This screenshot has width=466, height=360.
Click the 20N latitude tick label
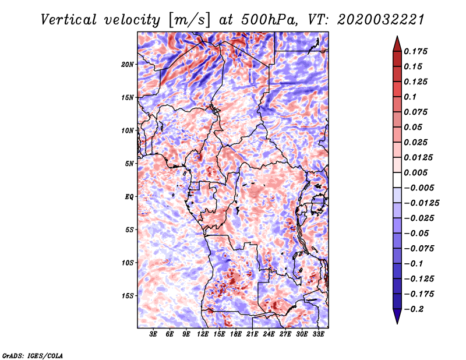(128, 65)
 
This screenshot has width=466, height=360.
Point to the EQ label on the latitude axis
(129, 197)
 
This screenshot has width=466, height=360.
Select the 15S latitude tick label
(128, 296)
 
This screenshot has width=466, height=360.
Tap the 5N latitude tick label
(129, 164)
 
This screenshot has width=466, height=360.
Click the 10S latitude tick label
(128, 263)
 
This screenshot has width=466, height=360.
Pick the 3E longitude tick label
(153, 334)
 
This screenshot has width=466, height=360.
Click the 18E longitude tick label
(236, 334)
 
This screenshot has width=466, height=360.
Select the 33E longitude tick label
(318, 334)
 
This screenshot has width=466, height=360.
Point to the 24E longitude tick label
(269, 334)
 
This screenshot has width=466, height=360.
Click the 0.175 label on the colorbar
(415, 51)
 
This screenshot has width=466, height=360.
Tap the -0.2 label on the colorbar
(414, 309)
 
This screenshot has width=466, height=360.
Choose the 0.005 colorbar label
(415, 172)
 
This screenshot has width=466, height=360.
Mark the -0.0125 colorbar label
(421, 203)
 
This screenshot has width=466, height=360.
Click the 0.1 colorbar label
(410, 97)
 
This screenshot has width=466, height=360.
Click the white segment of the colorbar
(397, 180)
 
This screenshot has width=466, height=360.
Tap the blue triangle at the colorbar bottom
(397, 315)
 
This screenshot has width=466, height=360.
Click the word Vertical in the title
(69, 20)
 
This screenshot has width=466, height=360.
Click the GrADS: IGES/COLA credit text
(33, 356)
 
